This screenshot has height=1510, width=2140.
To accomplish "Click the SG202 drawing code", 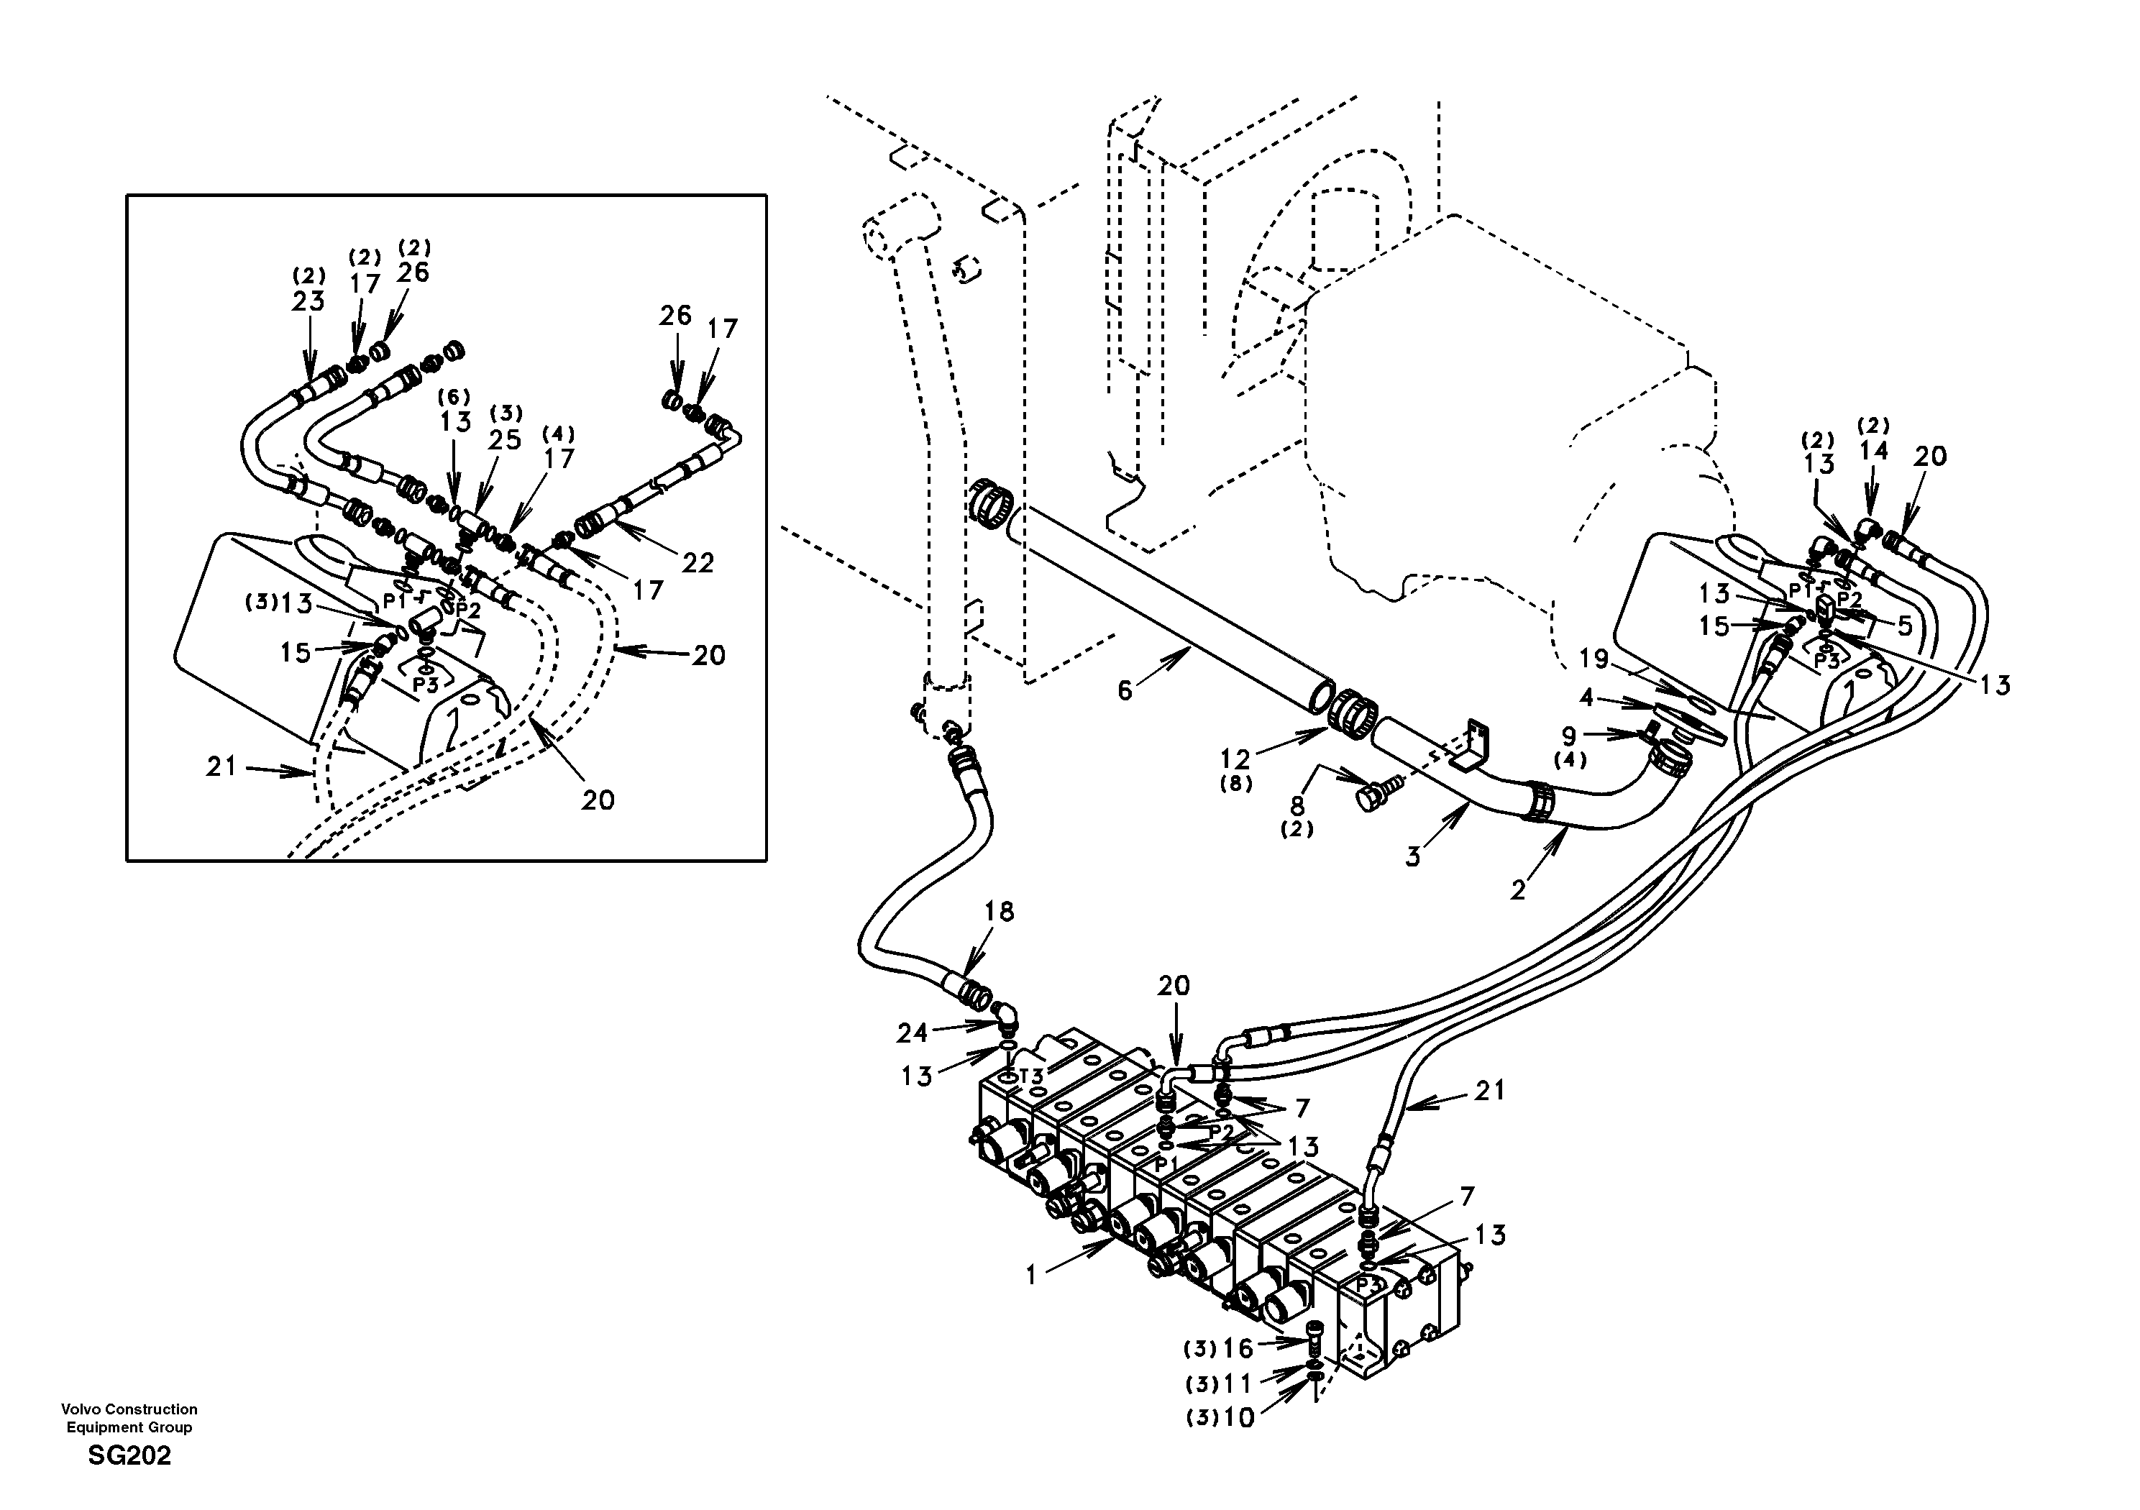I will click(x=129, y=1456).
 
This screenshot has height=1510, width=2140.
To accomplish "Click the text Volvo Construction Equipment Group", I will click(x=129, y=1418).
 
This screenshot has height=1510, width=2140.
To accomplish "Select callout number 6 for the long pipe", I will click(x=1125, y=691).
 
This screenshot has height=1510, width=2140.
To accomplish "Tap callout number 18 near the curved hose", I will click(x=999, y=912).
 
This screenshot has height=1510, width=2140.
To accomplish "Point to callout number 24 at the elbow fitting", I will click(x=913, y=1032).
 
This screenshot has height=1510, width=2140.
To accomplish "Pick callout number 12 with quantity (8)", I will click(x=1237, y=761).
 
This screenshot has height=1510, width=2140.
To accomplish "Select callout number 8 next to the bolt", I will click(x=1297, y=805).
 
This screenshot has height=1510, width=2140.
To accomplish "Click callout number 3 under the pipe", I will click(x=1413, y=856).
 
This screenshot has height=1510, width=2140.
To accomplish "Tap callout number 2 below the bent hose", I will click(x=1518, y=890).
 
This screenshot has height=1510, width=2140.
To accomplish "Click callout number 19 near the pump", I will click(x=1593, y=659).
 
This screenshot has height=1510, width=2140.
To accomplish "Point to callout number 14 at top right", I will click(x=1873, y=450).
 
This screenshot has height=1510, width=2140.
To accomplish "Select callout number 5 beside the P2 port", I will click(x=1904, y=626).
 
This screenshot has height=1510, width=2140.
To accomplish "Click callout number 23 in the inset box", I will click(x=308, y=301).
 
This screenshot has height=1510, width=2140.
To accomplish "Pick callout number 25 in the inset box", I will click(x=506, y=439).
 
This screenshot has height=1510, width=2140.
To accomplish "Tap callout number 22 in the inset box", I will click(x=698, y=562).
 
